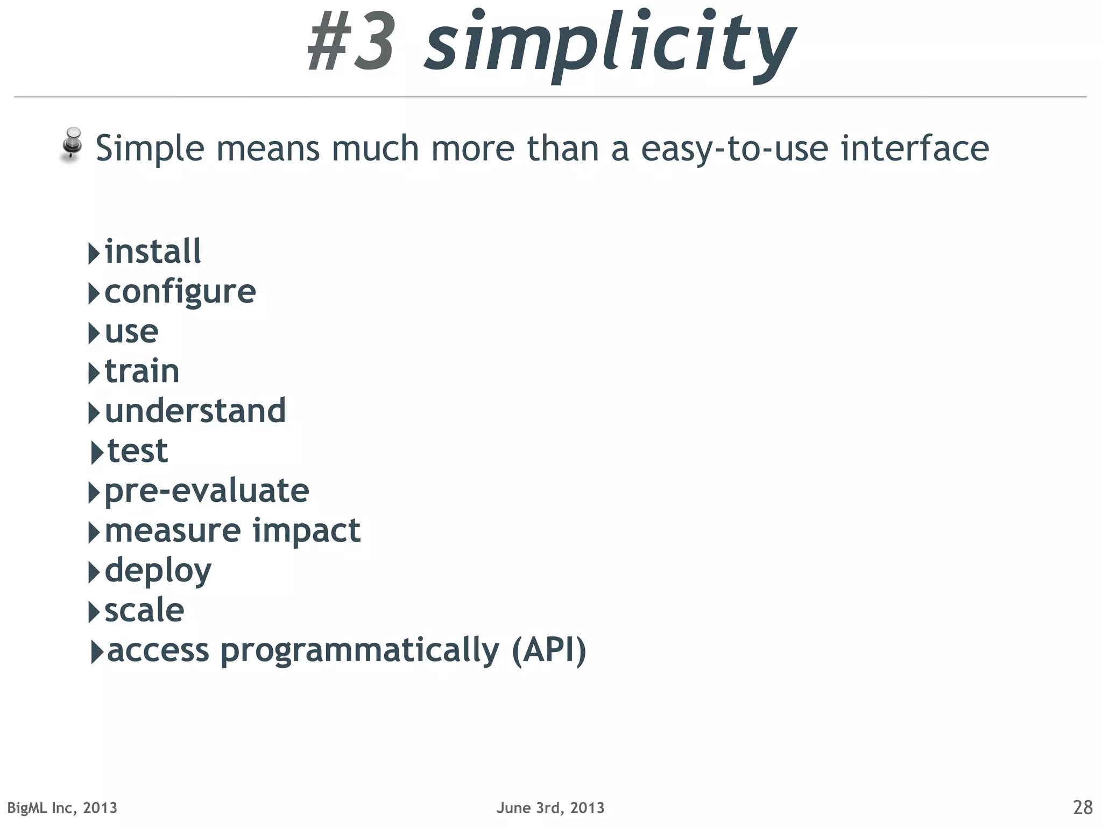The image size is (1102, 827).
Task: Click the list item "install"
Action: pyautogui.click(x=152, y=251)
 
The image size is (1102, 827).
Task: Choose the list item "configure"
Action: pyautogui.click(x=180, y=292)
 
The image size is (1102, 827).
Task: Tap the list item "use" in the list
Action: pyautogui.click(x=131, y=332)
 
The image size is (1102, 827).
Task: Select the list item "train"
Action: pyautogui.click(x=142, y=372)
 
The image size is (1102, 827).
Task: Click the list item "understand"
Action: pyautogui.click(x=195, y=411)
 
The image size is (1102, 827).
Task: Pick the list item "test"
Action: pyautogui.click(x=137, y=451)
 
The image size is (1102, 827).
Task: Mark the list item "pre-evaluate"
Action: pyautogui.click(x=207, y=491)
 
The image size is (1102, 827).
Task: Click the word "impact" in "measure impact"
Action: pyautogui.click(x=306, y=531)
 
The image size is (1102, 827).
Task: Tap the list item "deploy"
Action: pyautogui.click(x=158, y=571)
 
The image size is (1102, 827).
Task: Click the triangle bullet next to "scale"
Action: pyautogui.click(x=94, y=612)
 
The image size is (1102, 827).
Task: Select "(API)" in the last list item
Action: pyautogui.click(x=548, y=650)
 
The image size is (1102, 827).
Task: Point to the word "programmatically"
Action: pyautogui.click(x=359, y=651)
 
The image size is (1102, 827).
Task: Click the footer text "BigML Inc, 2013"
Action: pyautogui.click(x=62, y=808)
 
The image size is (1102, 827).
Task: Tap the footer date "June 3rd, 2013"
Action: pyautogui.click(x=550, y=808)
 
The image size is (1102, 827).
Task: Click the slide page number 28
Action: pyautogui.click(x=1082, y=808)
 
